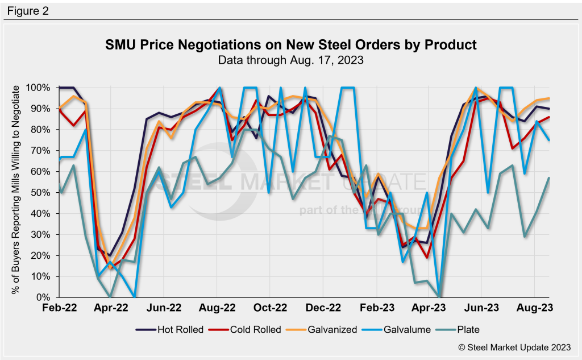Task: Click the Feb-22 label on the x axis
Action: [59, 307]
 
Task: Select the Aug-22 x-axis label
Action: [218, 307]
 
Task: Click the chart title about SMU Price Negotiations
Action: [291, 44]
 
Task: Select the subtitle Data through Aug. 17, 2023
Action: [291, 59]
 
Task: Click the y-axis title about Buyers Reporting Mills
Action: [16, 189]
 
